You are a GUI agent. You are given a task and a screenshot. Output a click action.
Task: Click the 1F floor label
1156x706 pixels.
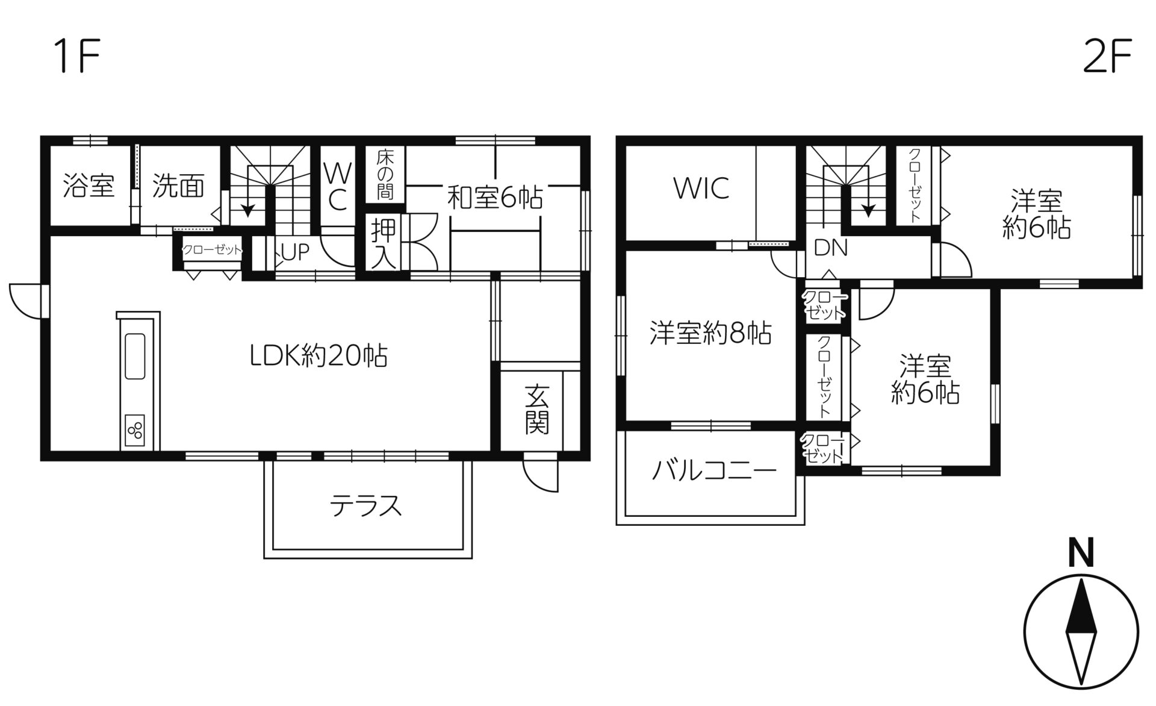click(x=76, y=56)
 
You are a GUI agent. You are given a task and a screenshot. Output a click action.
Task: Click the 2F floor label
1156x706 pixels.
click(x=1107, y=56)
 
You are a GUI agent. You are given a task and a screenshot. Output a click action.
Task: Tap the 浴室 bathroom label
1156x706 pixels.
click(x=89, y=186)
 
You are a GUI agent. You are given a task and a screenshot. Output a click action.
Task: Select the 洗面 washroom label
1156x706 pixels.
click(x=178, y=186)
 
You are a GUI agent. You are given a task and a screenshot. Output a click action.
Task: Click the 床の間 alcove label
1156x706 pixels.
click(x=385, y=175)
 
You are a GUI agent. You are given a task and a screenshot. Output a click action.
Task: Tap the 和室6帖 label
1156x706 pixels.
click(x=494, y=198)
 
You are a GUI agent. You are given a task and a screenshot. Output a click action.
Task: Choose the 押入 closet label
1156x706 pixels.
click(x=384, y=243)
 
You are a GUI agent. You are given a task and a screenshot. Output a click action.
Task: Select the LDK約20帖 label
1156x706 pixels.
click(x=319, y=355)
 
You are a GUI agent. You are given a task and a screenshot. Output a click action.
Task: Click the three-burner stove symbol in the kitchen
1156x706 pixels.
click(x=135, y=430)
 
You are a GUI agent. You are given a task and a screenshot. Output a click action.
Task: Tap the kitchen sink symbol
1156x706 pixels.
click(x=135, y=355)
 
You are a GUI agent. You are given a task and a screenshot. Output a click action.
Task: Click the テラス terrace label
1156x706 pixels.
click(x=365, y=505)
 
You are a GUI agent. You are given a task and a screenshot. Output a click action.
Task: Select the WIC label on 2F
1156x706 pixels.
click(x=701, y=189)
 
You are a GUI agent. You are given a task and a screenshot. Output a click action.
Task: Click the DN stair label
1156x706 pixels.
click(x=830, y=248)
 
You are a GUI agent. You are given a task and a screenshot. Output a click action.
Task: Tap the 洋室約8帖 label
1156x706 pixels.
click(x=710, y=333)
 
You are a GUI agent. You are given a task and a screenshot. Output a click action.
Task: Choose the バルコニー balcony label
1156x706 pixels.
click(x=715, y=470)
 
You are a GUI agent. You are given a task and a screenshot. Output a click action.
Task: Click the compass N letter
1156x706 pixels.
click(x=1081, y=553)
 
